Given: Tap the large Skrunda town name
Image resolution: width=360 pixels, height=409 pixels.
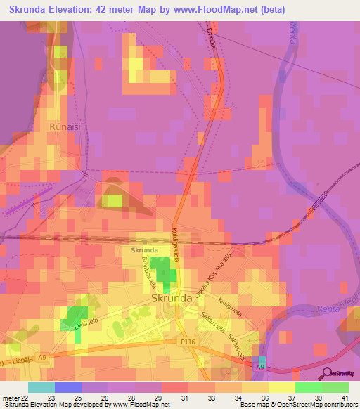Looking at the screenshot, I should [172, 297].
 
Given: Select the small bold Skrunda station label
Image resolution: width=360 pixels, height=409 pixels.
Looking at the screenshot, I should [144, 250].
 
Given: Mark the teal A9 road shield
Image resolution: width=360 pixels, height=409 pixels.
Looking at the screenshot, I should [262, 367].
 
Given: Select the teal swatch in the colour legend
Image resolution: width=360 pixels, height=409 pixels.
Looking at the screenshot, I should [41, 387].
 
